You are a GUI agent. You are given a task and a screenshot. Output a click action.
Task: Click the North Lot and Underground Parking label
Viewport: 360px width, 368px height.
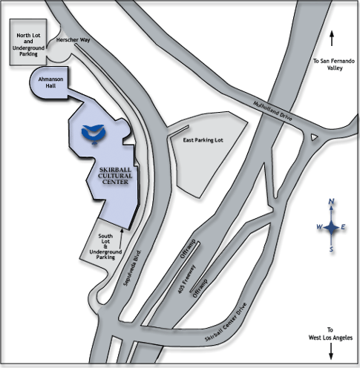coord(28,45)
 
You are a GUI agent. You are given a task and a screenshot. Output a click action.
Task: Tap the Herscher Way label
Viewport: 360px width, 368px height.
coord(73,39)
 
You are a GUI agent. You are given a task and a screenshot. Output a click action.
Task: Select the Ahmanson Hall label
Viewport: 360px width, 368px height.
coord(50,82)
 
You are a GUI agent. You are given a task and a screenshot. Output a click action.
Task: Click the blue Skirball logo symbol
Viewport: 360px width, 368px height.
coord(94,134)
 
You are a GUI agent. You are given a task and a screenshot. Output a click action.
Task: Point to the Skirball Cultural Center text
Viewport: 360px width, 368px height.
coord(115,176)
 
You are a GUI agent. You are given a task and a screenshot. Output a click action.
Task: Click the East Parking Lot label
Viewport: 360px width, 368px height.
coord(203,140)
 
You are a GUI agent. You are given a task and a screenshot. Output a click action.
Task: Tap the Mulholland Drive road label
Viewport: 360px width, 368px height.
coord(272,111)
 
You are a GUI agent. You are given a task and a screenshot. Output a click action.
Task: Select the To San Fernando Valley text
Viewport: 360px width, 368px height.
coord(334,65)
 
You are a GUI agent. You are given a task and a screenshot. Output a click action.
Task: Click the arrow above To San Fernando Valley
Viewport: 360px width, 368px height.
coord(332,38)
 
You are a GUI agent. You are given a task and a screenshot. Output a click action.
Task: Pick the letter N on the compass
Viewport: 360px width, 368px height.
coord(331,202)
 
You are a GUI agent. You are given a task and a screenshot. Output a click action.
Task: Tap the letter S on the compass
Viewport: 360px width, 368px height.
coord(331,249)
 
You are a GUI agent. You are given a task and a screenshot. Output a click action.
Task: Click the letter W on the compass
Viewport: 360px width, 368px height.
coord(320,226)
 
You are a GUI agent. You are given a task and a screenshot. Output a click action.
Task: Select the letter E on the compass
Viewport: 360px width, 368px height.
coord(343,227)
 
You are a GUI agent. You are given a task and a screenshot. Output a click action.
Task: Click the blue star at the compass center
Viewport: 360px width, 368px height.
coord(331,228)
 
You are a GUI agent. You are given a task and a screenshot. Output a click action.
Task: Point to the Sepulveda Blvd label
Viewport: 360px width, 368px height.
coord(132,268)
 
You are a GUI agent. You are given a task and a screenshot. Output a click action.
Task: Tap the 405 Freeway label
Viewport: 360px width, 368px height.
coord(187,279)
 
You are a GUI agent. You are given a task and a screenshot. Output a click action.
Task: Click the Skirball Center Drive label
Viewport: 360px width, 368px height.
coord(226,322)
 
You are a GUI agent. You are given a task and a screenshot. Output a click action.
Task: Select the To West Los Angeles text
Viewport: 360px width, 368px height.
coord(330,334)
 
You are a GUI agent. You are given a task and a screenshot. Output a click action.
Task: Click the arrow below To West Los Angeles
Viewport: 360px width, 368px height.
coord(331,351)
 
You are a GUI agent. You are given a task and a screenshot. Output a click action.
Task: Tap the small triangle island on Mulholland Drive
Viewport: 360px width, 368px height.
coord(314,137)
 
